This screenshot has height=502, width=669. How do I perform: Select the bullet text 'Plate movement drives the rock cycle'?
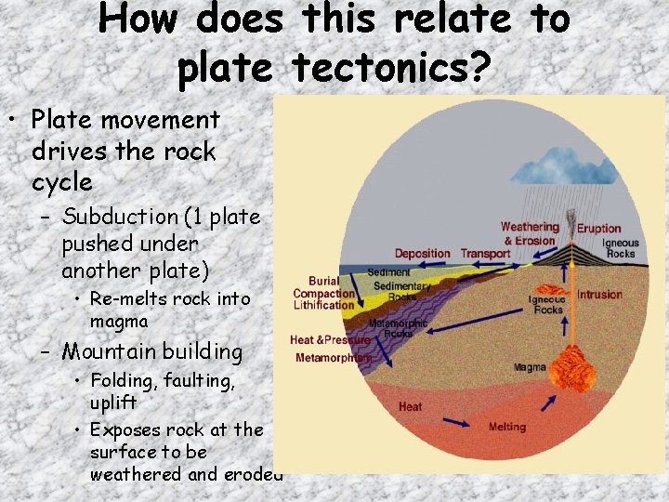pyautogui.click(x=125, y=151)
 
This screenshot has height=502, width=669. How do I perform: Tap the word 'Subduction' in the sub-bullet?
pyautogui.click(x=119, y=217)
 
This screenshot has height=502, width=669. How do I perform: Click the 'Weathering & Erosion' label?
pyautogui.click(x=530, y=233)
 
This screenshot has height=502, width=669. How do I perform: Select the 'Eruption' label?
pyautogui.click(x=598, y=229)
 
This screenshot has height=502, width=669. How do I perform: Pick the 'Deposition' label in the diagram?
pyautogui.click(x=422, y=253)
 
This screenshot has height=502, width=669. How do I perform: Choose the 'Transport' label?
pyautogui.click(x=485, y=253)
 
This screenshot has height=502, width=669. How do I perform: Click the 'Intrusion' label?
pyautogui.click(x=600, y=295)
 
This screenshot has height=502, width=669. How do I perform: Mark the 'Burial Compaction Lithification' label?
pyautogui.click(x=323, y=292)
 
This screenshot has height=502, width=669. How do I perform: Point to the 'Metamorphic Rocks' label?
pyautogui.click(x=399, y=327)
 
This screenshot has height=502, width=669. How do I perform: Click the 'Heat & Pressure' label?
pyautogui.click(x=330, y=340)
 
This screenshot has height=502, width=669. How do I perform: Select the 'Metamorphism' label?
pyautogui.click(x=334, y=358)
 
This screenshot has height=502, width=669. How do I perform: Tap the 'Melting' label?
pyautogui.click(x=506, y=427)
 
